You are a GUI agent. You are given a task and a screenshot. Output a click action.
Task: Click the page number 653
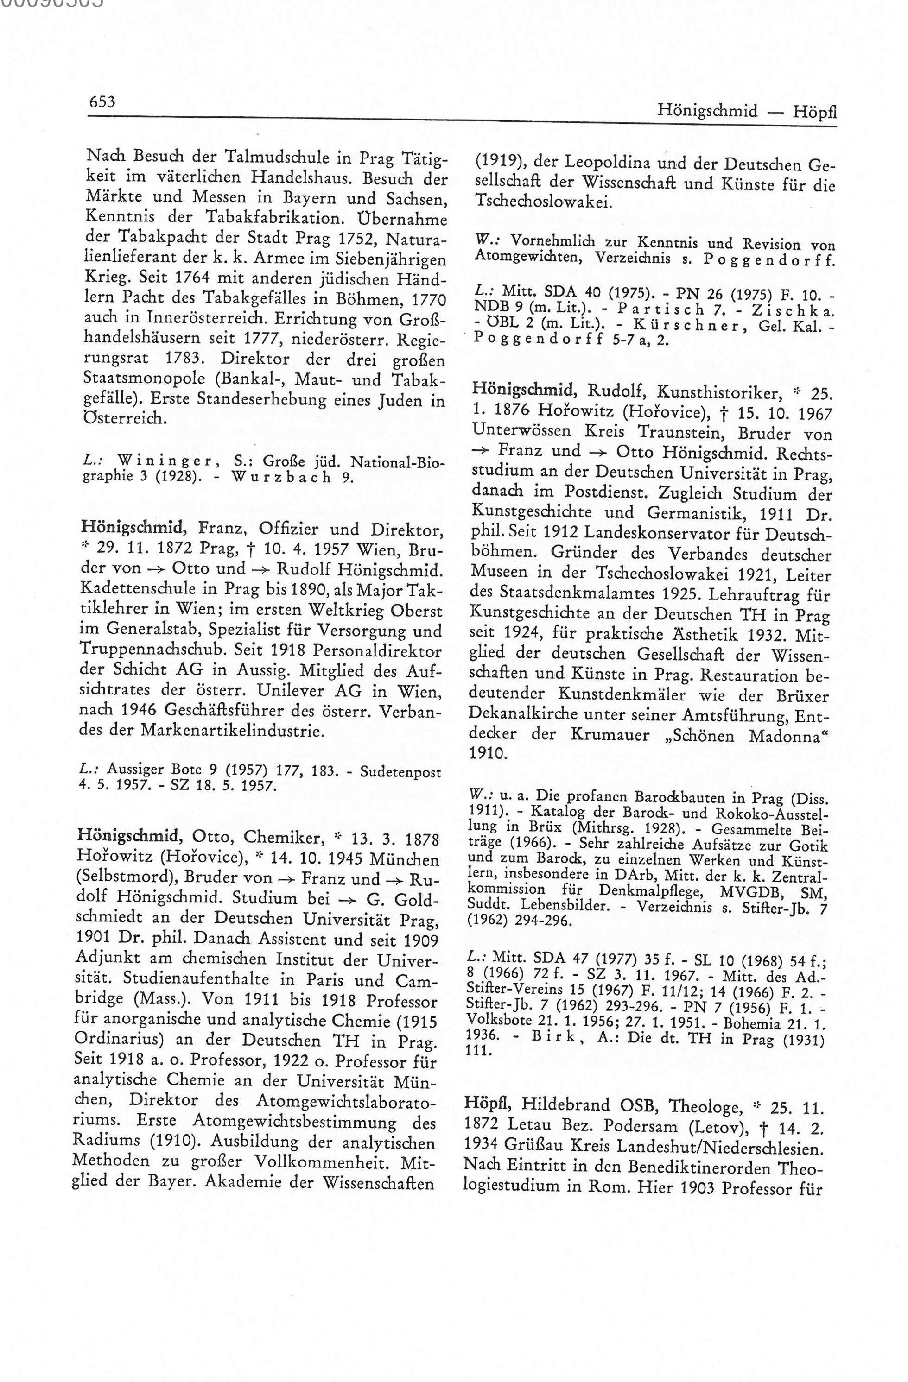tap(103, 102)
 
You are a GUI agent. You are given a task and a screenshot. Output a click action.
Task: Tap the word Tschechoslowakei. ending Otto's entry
tap(543, 202)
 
